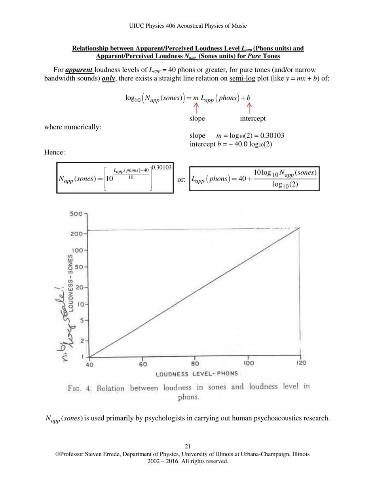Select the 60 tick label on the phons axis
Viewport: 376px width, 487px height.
(x=142, y=365)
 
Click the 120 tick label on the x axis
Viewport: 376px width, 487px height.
(x=300, y=363)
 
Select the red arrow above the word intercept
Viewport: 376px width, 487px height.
(x=249, y=108)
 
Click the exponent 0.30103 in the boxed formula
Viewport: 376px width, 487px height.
(x=161, y=167)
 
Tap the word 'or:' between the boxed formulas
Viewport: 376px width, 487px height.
(x=181, y=180)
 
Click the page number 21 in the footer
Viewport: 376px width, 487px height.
(x=188, y=447)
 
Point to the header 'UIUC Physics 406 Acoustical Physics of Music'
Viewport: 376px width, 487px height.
(x=188, y=26)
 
